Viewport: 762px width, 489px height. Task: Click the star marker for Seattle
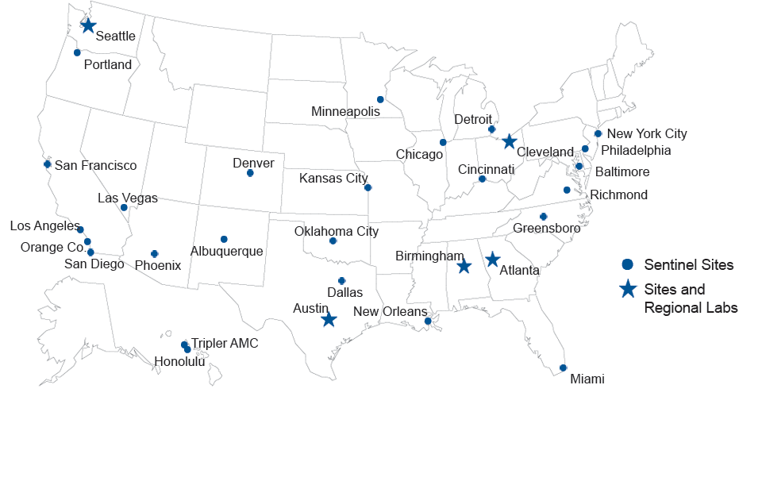tap(88, 26)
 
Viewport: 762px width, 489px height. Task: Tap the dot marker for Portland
tap(77, 52)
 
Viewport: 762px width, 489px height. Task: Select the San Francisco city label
tap(95, 166)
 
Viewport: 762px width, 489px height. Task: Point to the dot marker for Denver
tap(250, 173)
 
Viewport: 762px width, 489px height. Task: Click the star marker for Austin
tap(329, 319)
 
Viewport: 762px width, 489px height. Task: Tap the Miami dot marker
tap(563, 368)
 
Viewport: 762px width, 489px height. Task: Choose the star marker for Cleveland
tap(510, 141)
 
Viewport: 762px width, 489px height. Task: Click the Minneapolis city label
tap(345, 111)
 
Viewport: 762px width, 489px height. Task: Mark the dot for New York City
tap(598, 133)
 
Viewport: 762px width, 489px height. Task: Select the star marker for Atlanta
tap(492, 259)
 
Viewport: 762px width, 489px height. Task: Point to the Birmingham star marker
tap(464, 266)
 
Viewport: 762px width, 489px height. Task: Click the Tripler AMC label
tap(225, 344)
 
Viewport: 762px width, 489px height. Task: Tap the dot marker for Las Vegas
tap(124, 207)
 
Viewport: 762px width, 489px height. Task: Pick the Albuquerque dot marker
tap(224, 239)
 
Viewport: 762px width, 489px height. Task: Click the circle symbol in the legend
tap(627, 264)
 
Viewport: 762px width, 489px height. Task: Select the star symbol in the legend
tap(627, 290)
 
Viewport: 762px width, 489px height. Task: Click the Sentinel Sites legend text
tap(688, 264)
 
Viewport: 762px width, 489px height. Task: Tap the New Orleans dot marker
tap(428, 321)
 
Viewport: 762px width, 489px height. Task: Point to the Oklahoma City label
tap(337, 232)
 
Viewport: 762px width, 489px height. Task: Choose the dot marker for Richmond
tap(567, 190)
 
